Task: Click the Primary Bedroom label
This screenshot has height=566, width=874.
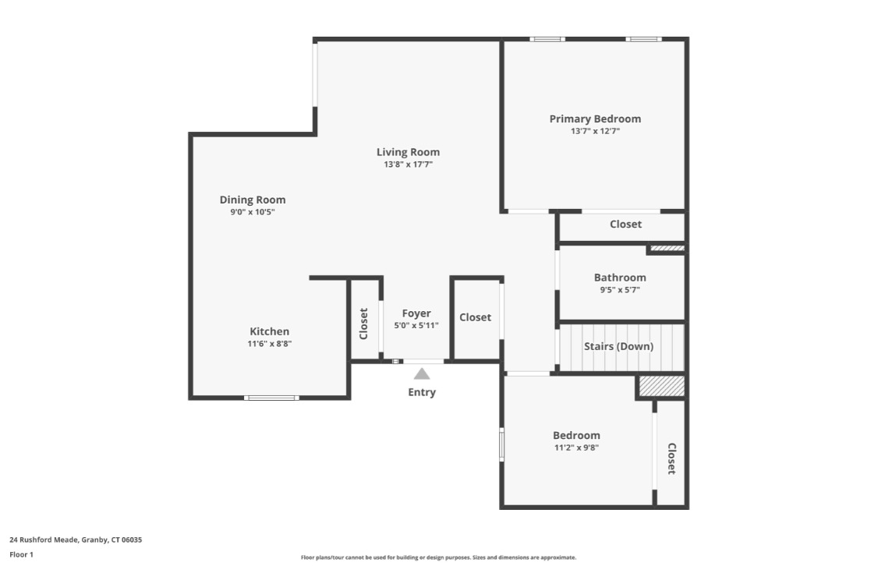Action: click(595, 119)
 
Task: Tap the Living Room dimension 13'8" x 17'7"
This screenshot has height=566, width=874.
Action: click(408, 164)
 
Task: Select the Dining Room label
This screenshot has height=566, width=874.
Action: click(253, 200)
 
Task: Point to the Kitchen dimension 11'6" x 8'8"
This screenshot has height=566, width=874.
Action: click(269, 343)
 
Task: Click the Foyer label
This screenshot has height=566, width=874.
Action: click(416, 313)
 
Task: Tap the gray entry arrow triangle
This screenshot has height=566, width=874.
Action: click(422, 373)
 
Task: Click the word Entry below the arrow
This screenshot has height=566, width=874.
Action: click(422, 392)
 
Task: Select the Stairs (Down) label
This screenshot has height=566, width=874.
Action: click(619, 346)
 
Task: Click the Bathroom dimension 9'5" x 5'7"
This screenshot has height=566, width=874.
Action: click(620, 289)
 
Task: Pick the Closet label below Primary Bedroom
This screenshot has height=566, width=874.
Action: click(625, 225)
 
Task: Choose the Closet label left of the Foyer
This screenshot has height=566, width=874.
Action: click(363, 324)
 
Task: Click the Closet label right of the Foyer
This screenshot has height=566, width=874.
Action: click(475, 317)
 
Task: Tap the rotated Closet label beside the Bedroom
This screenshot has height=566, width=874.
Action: click(671, 458)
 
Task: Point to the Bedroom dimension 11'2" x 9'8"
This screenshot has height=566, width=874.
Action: click(576, 447)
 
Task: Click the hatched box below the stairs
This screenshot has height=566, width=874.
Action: click(661, 386)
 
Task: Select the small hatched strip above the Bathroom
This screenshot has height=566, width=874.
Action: click(667, 249)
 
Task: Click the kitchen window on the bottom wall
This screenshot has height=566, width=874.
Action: click(271, 398)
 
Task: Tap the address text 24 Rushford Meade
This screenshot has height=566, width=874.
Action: click(76, 539)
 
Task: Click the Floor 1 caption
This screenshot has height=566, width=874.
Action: click(21, 555)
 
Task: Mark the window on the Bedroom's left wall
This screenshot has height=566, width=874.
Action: click(501, 445)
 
